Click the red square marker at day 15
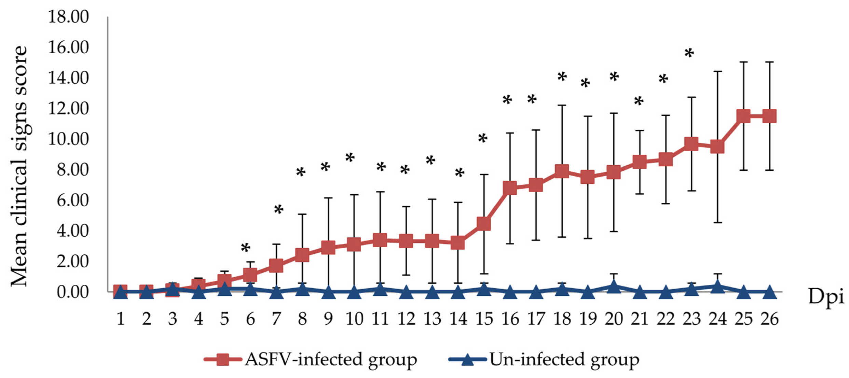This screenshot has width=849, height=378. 484,224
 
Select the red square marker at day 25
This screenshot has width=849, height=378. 743,116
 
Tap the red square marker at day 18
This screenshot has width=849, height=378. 562,171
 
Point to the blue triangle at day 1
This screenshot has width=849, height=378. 121,292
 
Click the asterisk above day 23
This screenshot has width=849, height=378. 689,54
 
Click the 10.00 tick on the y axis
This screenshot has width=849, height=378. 68,139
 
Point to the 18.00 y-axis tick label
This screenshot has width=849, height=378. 68,17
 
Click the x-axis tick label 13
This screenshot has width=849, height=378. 432,319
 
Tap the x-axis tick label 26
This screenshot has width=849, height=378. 769,319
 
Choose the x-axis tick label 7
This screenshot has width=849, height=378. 276,319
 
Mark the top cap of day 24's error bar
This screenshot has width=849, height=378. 717,71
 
